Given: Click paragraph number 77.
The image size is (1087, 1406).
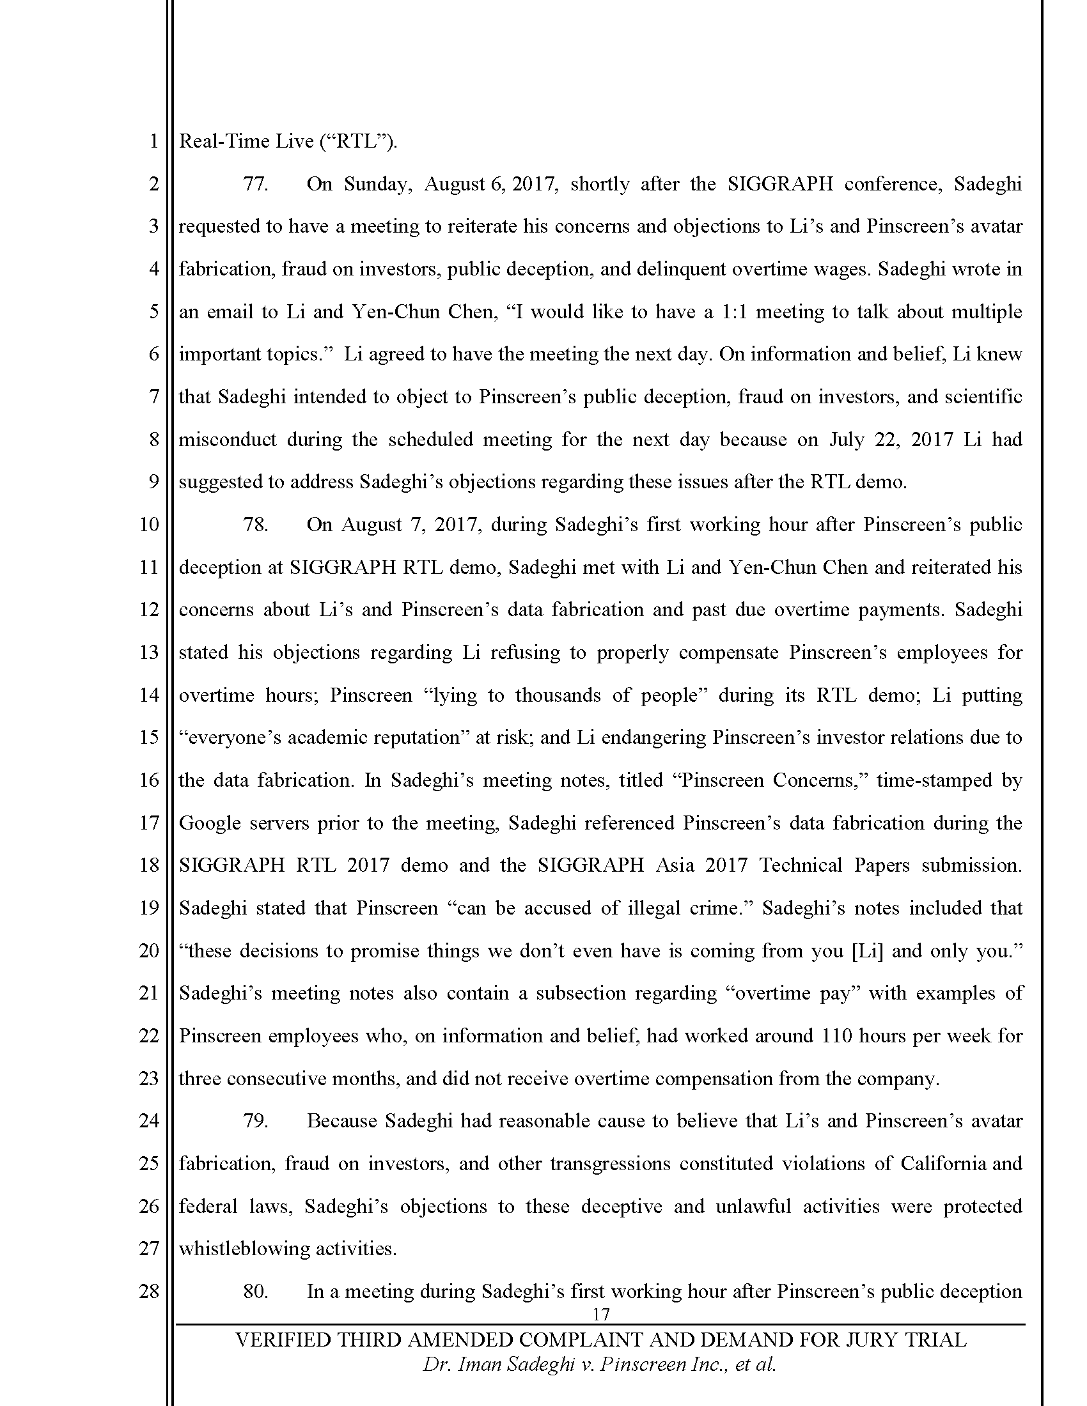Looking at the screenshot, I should click(x=255, y=184).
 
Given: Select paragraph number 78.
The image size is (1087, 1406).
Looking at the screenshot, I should click(x=255, y=525).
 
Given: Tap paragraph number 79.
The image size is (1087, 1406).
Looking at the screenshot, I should click(x=255, y=1121).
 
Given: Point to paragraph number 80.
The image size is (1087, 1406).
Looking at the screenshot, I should click(x=255, y=1292).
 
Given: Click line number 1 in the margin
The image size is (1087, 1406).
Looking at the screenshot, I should click(x=153, y=141).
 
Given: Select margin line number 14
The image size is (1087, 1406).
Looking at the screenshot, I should click(x=149, y=695).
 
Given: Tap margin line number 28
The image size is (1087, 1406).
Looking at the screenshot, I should click(x=149, y=1292).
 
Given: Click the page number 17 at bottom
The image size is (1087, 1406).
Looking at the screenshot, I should click(x=600, y=1315).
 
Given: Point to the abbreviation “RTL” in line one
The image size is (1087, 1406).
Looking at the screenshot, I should click(x=356, y=141).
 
